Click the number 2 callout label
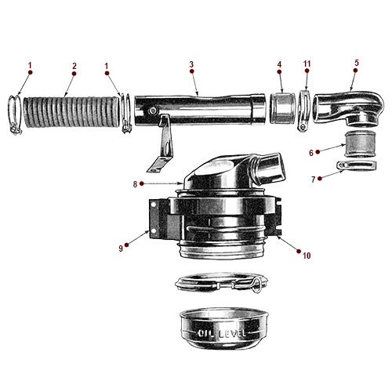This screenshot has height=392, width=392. pyautogui.click(x=74, y=66)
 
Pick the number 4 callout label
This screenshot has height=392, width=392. pyautogui.click(x=279, y=66)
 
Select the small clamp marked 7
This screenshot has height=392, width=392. pyautogui.click(x=354, y=168)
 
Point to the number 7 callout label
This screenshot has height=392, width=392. pyautogui.click(x=314, y=180)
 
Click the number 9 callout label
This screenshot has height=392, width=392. pyautogui.click(x=121, y=249)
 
